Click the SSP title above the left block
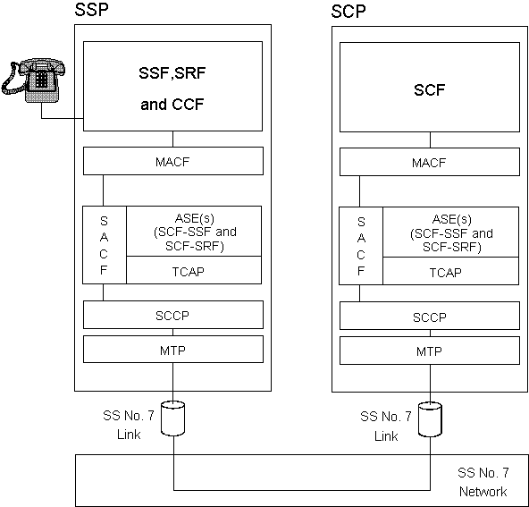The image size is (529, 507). click(91, 10)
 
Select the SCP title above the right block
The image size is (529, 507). click(348, 12)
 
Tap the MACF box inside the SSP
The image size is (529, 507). click(173, 161)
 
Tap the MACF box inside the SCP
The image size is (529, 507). click(430, 162)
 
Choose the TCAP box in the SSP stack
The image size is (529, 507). click(194, 270)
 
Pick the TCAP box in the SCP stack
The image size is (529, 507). click(450, 271)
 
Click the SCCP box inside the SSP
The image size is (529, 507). click(173, 315)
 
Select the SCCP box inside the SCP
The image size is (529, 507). click(430, 316)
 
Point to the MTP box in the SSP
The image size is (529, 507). click(173, 350)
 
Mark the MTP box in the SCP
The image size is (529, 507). click(430, 351)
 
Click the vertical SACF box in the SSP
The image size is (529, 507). click(105, 245)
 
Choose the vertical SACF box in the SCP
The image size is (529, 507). click(361, 246)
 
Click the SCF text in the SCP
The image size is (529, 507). click(430, 89)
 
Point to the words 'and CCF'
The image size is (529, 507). click(172, 105)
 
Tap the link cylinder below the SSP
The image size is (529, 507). click(172, 418)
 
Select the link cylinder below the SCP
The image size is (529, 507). click(430, 419)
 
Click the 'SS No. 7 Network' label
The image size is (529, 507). click(483, 482)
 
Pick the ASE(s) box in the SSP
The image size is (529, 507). click(194, 232)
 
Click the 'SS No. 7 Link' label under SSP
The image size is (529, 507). click(129, 425)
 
